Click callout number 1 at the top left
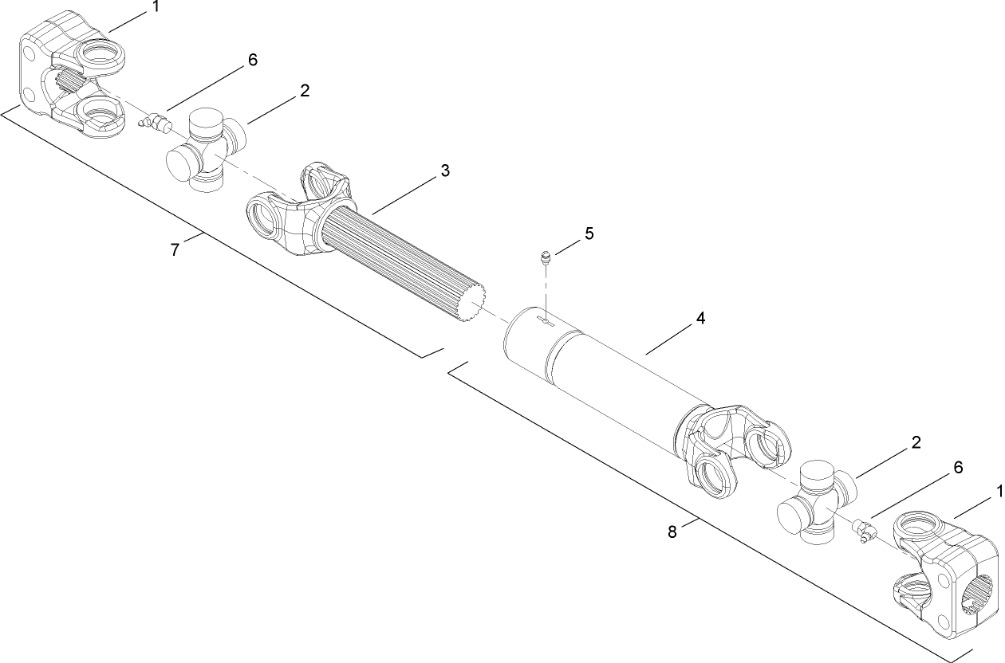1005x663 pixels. [156, 7]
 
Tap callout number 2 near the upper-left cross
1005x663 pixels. [305, 91]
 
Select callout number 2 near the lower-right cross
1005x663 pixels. [916, 443]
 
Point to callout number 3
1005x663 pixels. [445, 171]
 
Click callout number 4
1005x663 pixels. [700, 318]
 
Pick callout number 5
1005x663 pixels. [589, 233]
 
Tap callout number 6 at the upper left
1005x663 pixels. [252, 61]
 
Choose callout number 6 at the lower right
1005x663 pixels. [957, 468]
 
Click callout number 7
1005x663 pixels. [175, 249]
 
